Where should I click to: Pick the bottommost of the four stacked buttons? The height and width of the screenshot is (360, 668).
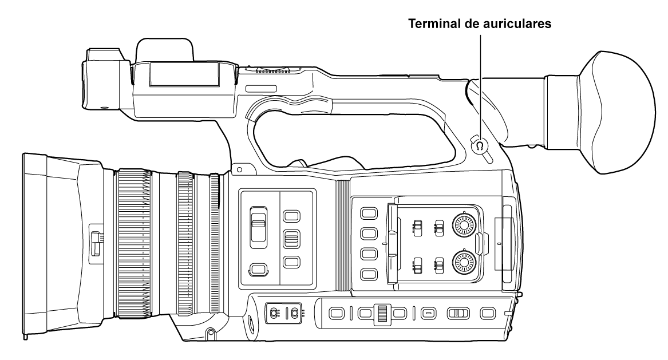coord(368,274)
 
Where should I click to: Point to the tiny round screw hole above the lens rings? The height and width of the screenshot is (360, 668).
coord(238,171)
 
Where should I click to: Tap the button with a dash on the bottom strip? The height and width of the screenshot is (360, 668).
coord(428,313)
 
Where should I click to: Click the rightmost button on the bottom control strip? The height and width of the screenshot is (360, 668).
coord(487,313)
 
